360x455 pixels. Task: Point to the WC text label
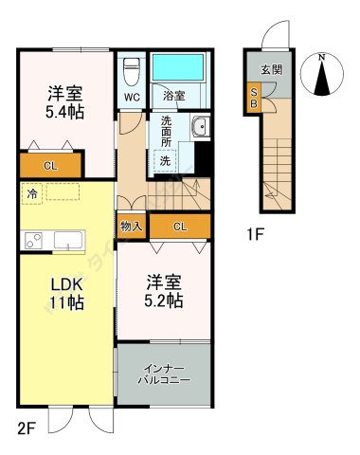[x=132, y=97]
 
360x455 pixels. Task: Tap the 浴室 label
[x=173, y=97]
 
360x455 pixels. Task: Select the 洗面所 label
[x=165, y=132]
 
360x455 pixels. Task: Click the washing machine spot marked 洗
[x=165, y=161]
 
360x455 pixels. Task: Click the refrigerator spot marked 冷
[x=32, y=193]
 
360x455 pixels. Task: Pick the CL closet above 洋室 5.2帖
[x=179, y=226]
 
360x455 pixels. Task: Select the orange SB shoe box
[x=254, y=98]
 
